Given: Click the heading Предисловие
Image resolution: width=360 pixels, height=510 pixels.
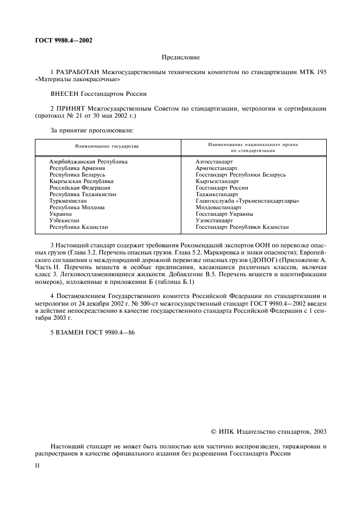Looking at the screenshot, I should [180, 57].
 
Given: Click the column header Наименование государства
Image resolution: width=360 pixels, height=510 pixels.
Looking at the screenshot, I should [107, 147].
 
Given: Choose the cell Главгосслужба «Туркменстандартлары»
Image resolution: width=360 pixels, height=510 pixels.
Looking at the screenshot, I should [247, 201].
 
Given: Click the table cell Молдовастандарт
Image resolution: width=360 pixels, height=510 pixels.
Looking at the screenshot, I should [218, 208].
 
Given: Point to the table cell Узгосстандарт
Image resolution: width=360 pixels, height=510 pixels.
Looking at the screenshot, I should [214, 221].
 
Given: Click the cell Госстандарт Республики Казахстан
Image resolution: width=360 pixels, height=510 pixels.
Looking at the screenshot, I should [242, 227].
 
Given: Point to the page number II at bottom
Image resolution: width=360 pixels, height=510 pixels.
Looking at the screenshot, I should [37, 466].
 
